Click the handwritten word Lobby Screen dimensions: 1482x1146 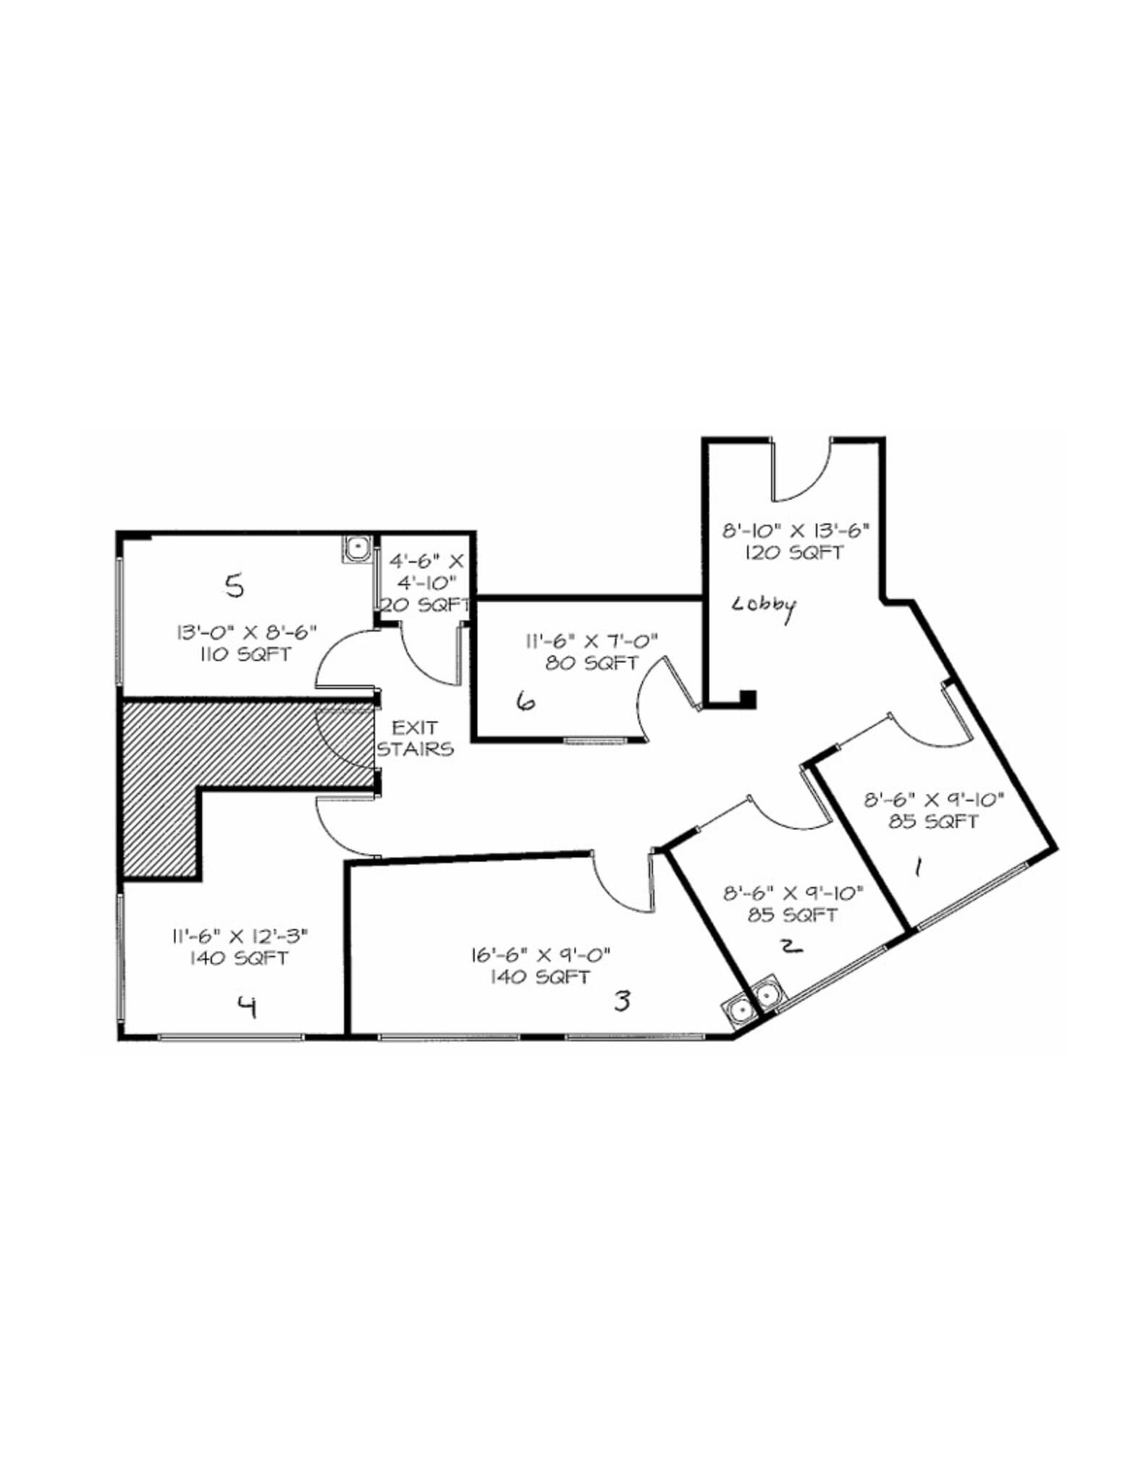pos(764,606)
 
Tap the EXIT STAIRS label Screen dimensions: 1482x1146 pos(415,738)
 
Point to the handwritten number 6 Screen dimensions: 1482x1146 pos(526,700)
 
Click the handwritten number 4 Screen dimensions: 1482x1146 pos(248,1007)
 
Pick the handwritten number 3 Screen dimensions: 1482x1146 pos(622,1001)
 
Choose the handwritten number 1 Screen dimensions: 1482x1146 pos(918,866)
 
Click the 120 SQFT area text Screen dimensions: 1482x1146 pos(794,553)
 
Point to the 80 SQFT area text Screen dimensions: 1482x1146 pos(591,663)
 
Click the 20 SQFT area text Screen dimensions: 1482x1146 pos(426,605)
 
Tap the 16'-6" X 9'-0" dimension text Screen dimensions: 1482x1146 pos(541,955)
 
